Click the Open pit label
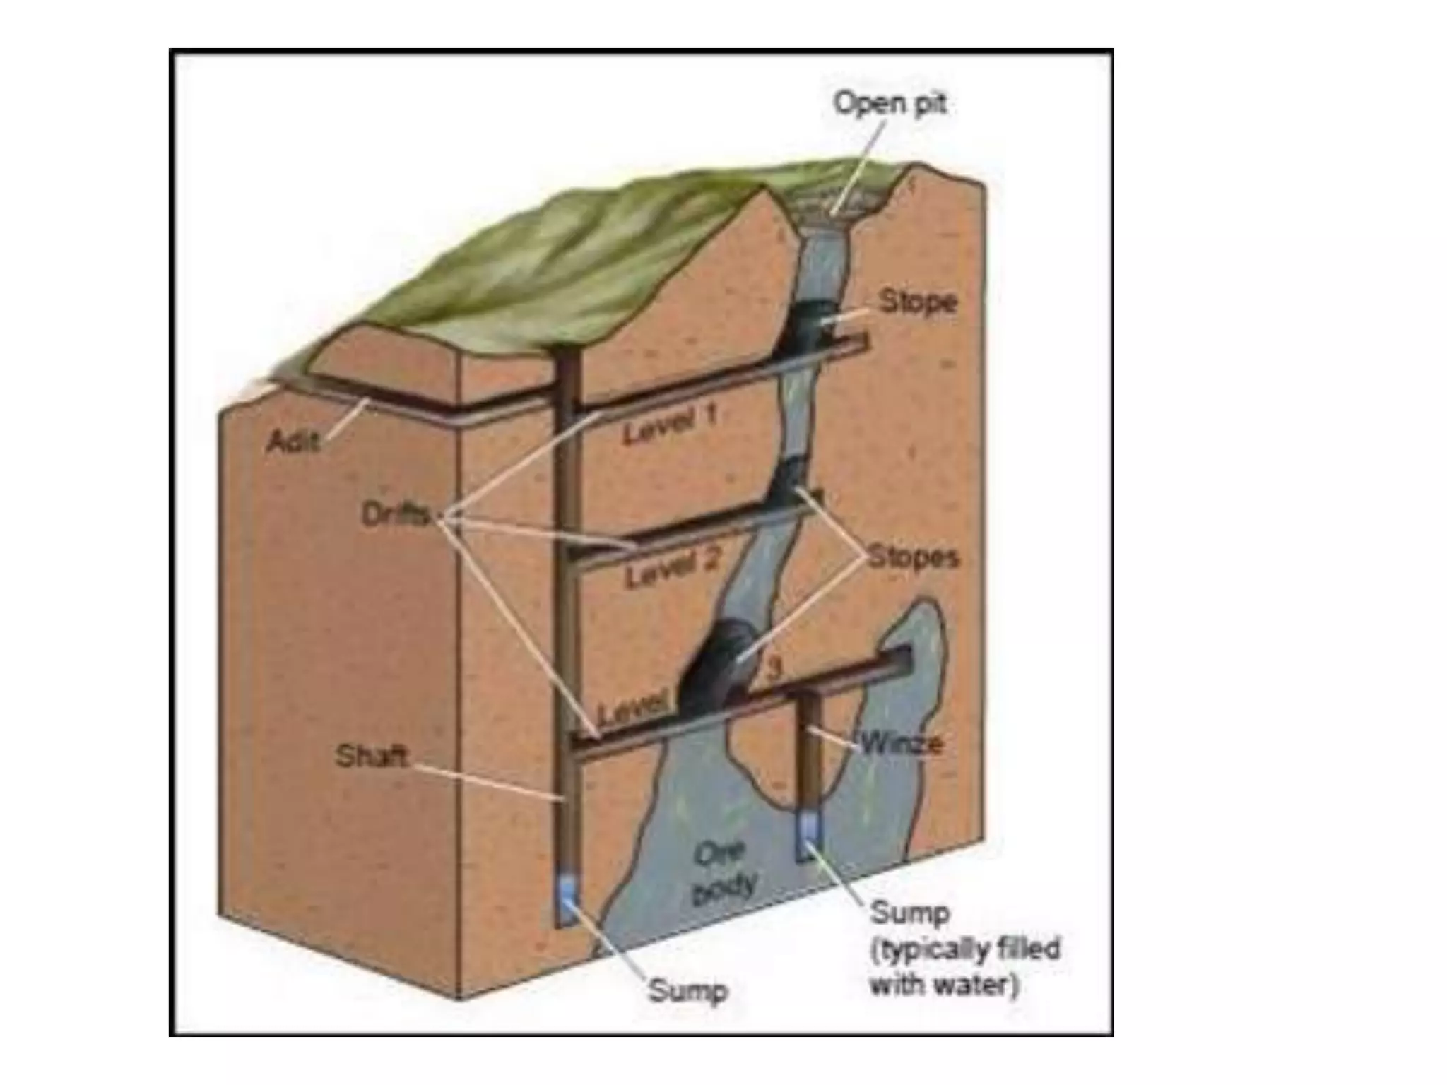click(890, 104)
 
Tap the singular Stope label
click(918, 302)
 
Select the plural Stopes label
click(913, 557)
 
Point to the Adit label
click(293, 442)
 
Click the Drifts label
click(395, 516)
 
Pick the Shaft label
click(372, 757)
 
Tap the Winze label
click(901, 743)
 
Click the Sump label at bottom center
click(687, 991)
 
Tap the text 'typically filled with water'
click(965, 965)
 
